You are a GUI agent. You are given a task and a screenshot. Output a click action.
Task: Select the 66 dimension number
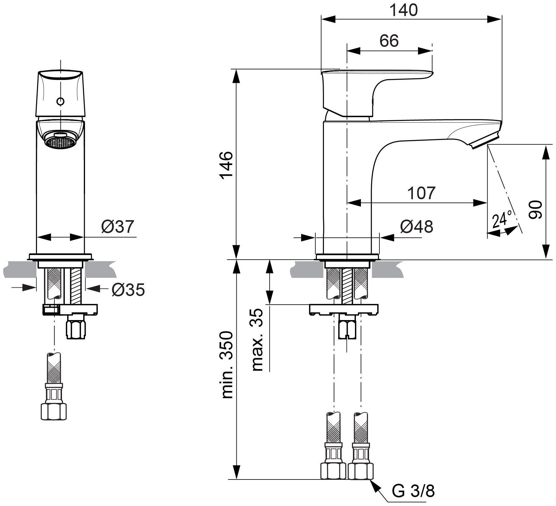389,41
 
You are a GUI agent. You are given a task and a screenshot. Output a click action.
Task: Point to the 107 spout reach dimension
421,193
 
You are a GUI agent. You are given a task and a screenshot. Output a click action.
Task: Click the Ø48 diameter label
417,227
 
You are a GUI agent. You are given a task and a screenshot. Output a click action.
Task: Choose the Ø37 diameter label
118,227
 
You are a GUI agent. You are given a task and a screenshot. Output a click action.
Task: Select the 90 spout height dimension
535,210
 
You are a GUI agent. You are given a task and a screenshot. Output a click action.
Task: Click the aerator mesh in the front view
60,142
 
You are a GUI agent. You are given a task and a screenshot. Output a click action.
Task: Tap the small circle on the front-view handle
61,101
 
